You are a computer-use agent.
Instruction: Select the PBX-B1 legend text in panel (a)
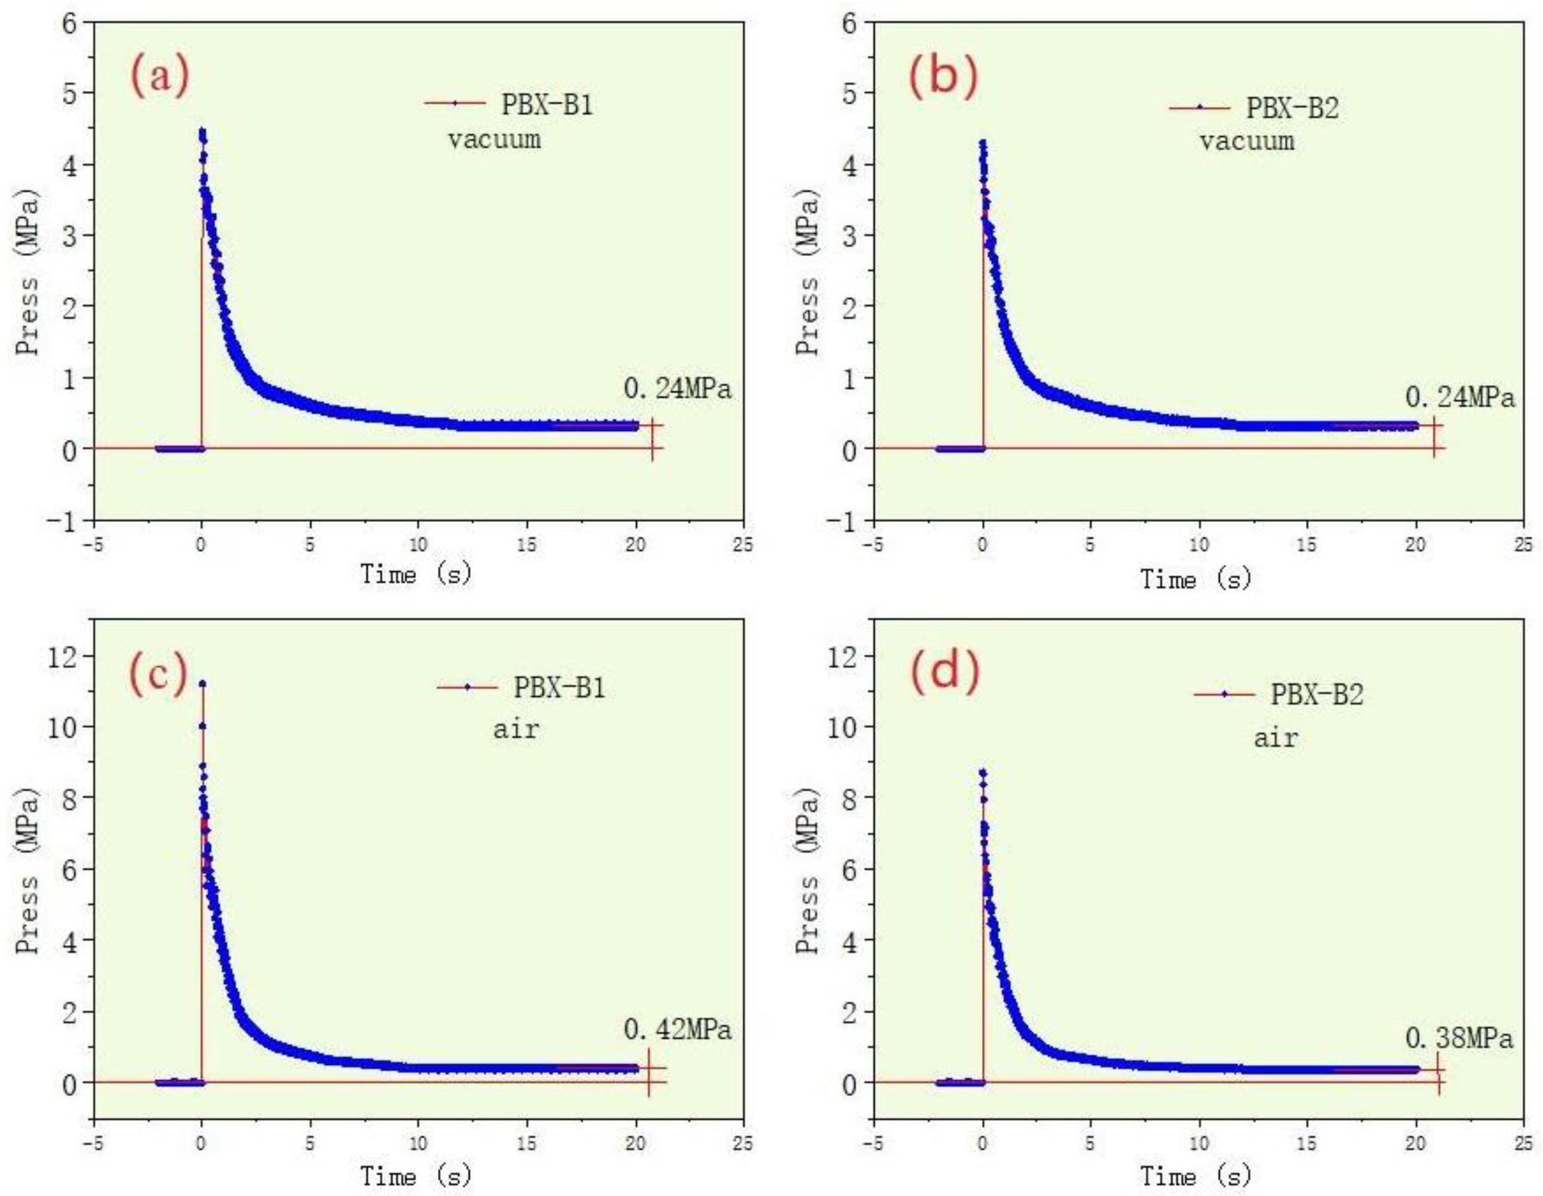pos(547,105)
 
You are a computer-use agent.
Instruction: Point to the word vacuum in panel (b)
pos(1247,142)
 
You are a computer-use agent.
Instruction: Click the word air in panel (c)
pos(516,729)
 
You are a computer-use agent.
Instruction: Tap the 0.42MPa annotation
pos(677,1030)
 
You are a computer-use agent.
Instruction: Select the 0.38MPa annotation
pos(1459,1039)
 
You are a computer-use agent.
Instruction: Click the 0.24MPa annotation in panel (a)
pos(677,389)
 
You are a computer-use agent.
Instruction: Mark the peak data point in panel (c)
pos(202,683)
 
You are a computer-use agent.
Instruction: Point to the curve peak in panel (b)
pos(982,143)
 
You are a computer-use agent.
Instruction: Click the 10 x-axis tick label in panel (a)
pos(418,546)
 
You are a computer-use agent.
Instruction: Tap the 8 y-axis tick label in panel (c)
pos(69,798)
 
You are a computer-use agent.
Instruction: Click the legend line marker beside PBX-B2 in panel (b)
pos(1200,108)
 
